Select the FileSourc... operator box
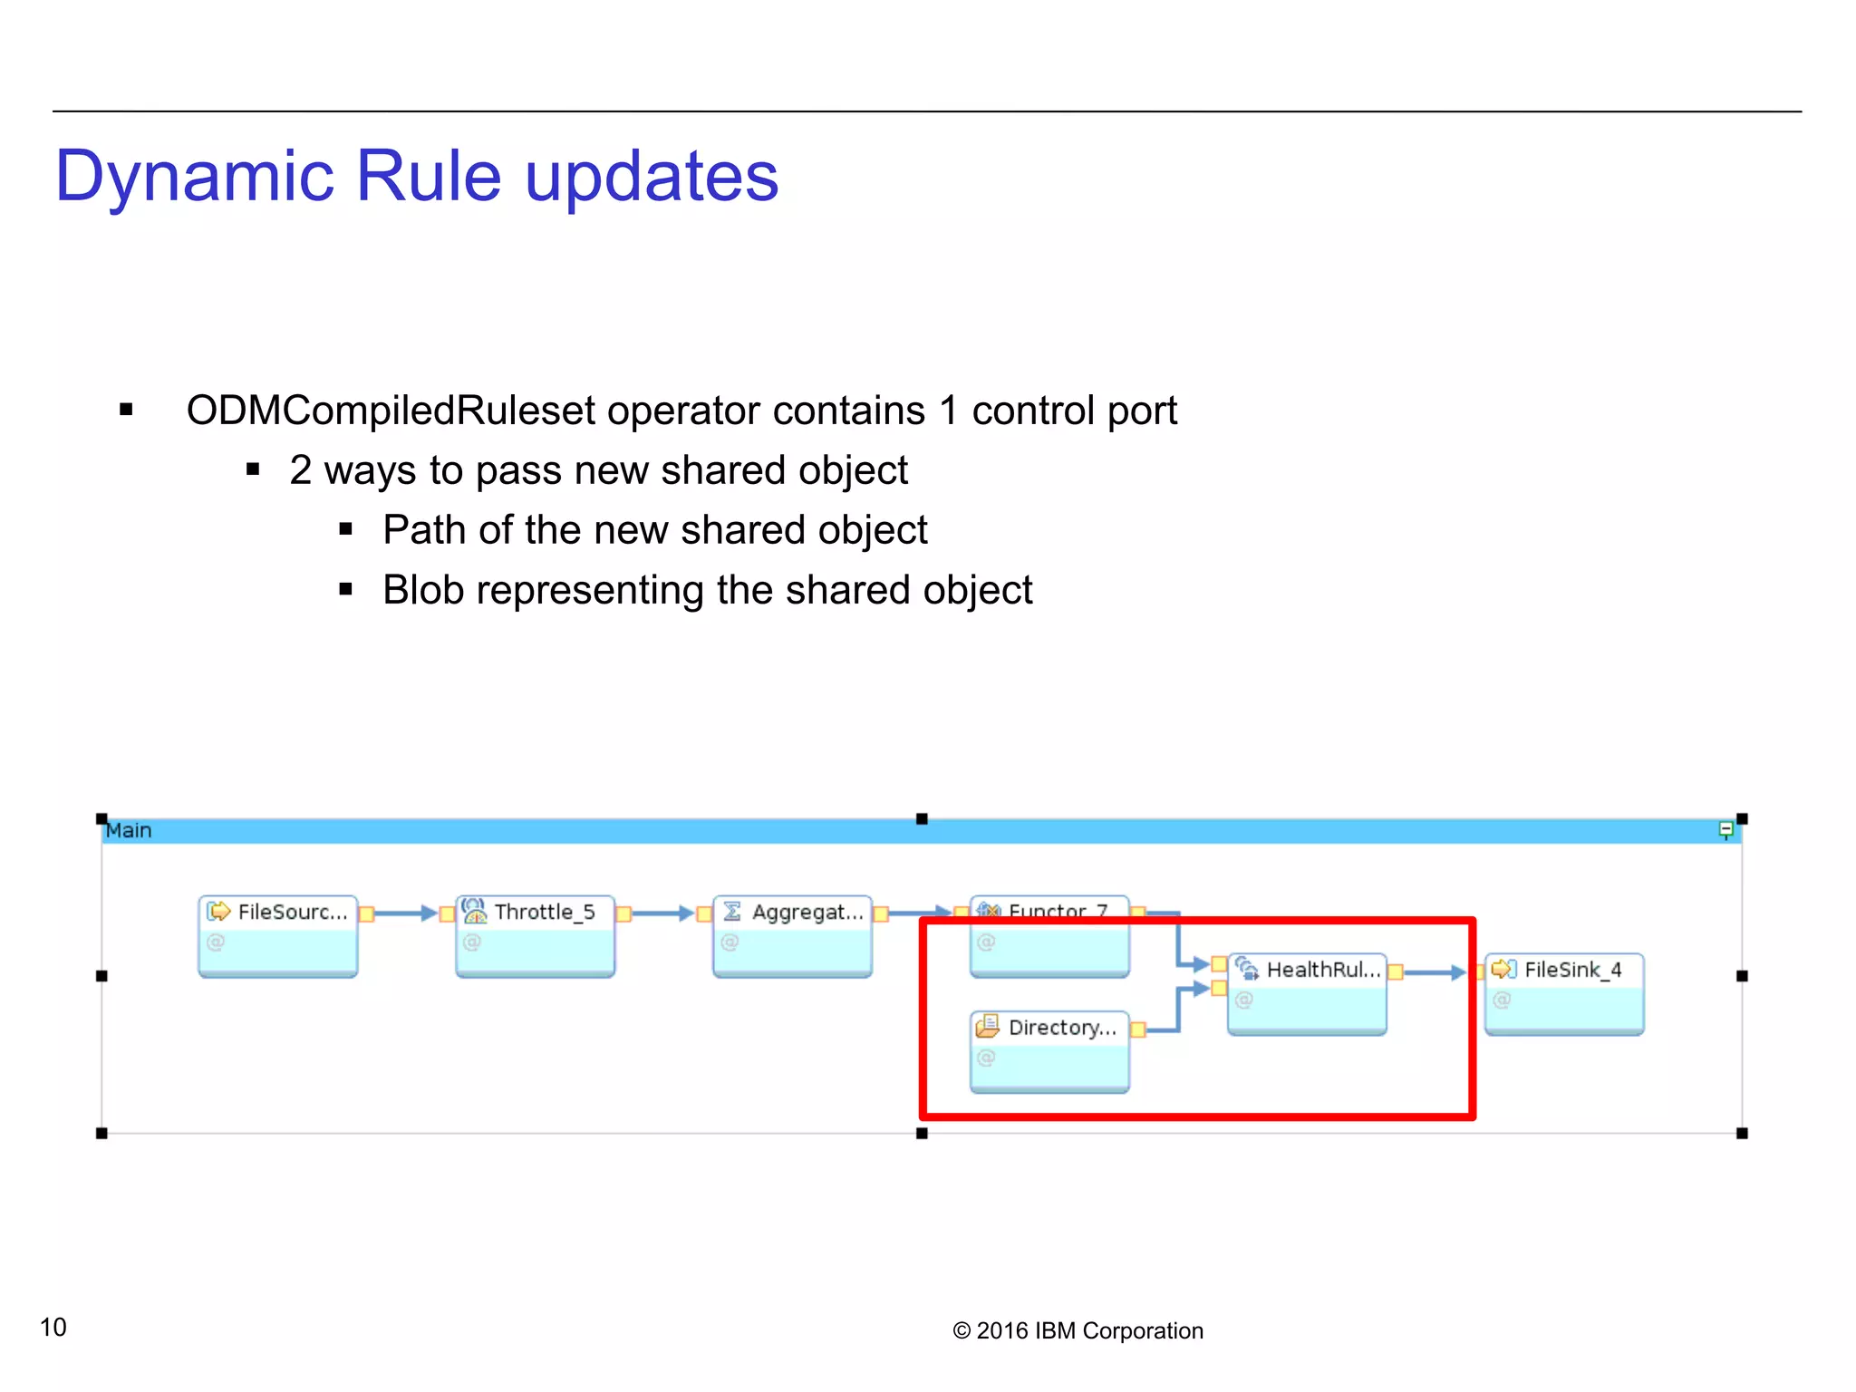pyautogui.click(x=278, y=935)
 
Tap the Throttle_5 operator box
pyautogui.click(x=535, y=935)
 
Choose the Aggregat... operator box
pyautogui.click(x=792, y=935)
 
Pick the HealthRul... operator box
pyautogui.click(x=1307, y=993)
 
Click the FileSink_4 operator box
pyautogui.click(x=1564, y=993)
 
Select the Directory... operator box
pyautogui.click(x=1049, y=1051)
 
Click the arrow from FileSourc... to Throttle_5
pyautogui.click(x=403, y=913)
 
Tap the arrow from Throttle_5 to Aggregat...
pyautogui.click(x=661, y=913)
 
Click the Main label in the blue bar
pyautogui.click(x=129, y=830)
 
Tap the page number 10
pyautogui.click(x=53, y=1327)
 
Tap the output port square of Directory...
pyautogui.click(x=1138, y=1029)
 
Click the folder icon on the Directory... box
pyautogui.click(x=987, y=1027)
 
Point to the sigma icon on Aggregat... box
pyautogui.click(x=732, y=911)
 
